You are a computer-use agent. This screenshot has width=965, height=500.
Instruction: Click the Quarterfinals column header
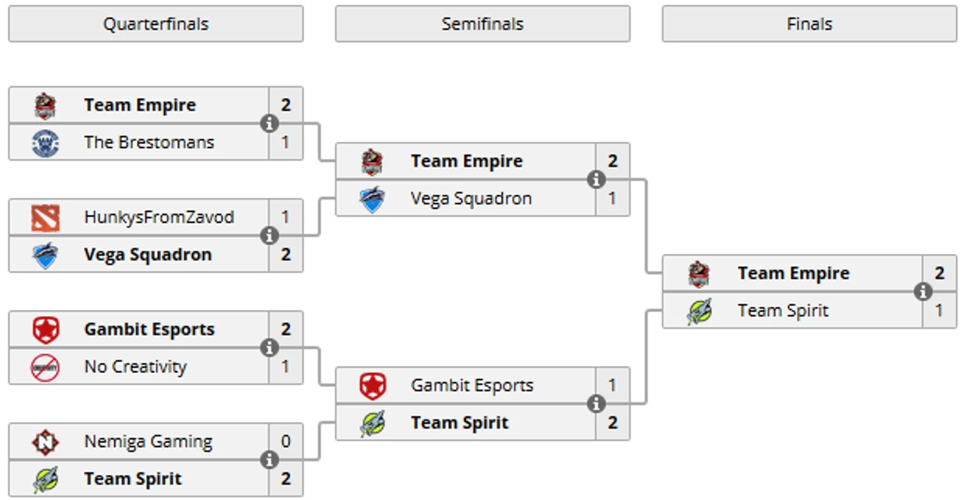[x=156, y=24]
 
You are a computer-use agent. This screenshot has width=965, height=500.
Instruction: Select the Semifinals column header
[x=482, y=24]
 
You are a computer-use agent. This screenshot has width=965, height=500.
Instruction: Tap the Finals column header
[x=809, y=24]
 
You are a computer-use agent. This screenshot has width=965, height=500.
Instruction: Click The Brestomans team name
[x=149, y=142]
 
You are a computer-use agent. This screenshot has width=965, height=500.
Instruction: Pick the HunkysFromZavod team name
[x=159, y=217]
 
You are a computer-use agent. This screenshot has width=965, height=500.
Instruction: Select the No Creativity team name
[x=135, y=366]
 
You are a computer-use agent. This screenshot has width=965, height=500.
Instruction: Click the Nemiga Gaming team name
[x=148, y=441]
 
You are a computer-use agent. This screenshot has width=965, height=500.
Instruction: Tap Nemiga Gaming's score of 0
[x=286, y=441]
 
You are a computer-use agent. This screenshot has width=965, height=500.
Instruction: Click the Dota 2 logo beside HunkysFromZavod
[x=45, y=218]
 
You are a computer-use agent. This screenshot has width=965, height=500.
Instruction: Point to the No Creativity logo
[x=45, y=367]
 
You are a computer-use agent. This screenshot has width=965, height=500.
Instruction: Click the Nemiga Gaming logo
[x=45, y=442]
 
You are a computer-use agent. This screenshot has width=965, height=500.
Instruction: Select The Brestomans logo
[x=45, y=143]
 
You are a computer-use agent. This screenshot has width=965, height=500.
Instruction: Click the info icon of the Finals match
[x=923, y=292]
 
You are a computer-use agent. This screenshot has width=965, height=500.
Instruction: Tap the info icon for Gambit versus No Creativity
[x=269, y=348]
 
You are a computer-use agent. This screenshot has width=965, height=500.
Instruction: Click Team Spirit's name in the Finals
[x=783, y=311]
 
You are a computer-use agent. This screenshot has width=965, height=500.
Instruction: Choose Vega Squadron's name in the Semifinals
[x=471, y=198]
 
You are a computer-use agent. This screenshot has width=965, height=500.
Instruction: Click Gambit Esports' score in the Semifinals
[x=612, y=385]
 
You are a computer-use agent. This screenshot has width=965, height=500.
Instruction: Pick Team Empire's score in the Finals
[x=939, y=273]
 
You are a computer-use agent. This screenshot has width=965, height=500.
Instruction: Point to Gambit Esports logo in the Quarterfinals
[x=45, y=329]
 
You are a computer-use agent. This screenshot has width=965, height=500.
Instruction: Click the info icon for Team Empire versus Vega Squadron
[x=596, y=179]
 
